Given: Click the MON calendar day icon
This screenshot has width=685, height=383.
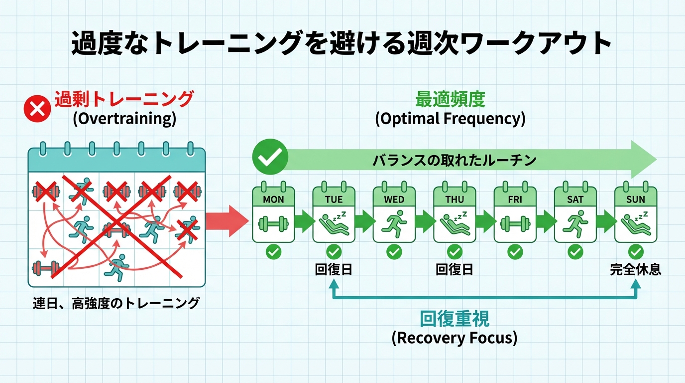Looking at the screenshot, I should click(x=273, y=214).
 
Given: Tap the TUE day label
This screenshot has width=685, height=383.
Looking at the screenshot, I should click(x=334, y=199).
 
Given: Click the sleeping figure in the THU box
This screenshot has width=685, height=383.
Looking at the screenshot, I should click(x=455, y=222).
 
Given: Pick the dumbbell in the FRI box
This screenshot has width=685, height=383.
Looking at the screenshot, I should click(x=515, y=223).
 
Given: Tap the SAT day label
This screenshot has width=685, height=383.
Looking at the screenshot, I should click(x=575, y=199).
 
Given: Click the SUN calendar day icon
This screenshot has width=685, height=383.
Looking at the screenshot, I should click(x=636, y=214).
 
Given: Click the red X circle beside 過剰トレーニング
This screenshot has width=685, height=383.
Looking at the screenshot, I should click(x=37, y=108).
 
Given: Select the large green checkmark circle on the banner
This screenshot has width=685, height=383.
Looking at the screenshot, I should click(x=270, y=157).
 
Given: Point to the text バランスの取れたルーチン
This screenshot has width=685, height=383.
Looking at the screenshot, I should click(x=455, y=161).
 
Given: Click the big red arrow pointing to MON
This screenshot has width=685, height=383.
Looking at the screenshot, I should click(x=226, y=221).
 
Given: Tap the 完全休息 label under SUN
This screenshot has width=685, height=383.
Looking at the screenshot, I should click(x=636, y=270).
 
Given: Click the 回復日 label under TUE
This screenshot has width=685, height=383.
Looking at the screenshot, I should click(x=334, y=270).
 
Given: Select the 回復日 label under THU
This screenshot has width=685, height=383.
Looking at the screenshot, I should click(x=455, y=270).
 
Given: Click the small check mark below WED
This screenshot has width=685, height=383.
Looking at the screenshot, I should click(x=394, y=252).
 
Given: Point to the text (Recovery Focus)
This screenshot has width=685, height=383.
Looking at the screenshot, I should click(x=455, y=338).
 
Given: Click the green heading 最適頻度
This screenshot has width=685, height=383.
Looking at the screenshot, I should click(x=450, y=100).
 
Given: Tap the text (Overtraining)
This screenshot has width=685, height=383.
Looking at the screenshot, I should click(x=124, y=120).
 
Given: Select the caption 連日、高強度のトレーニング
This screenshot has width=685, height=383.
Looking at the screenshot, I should click(x=116, y=303).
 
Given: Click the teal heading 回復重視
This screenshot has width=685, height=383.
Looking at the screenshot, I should click(x=455, y=318).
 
